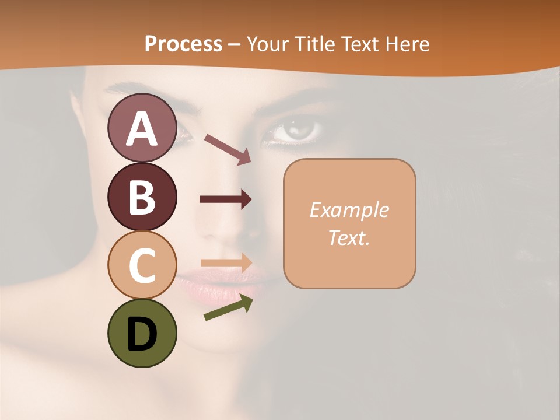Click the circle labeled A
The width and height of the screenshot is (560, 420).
(x=142, y=128)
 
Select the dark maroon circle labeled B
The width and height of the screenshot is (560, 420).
(x=142, y=197)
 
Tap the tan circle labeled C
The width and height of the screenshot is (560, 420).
(x=142, y=265)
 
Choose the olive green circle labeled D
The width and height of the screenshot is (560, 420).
(x=142, y=333)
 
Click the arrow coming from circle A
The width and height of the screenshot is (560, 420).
(x=227, y=149)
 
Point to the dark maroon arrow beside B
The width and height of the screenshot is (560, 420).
(x=225, y=199)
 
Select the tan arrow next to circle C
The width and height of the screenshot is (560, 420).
(x=226, y=262)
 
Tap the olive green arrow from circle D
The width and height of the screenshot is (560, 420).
(x=228, y=308)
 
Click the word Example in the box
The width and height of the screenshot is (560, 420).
(x=349, y=210)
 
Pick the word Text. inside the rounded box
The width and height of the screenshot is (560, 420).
(x=349, y=237)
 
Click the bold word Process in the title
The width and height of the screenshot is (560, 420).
(x=183, y=44)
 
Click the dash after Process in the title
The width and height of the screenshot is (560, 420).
(x=234, y=44)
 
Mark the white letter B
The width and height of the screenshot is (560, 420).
(x=142, y=197)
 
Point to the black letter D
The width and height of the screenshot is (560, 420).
(x=142, y=334)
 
